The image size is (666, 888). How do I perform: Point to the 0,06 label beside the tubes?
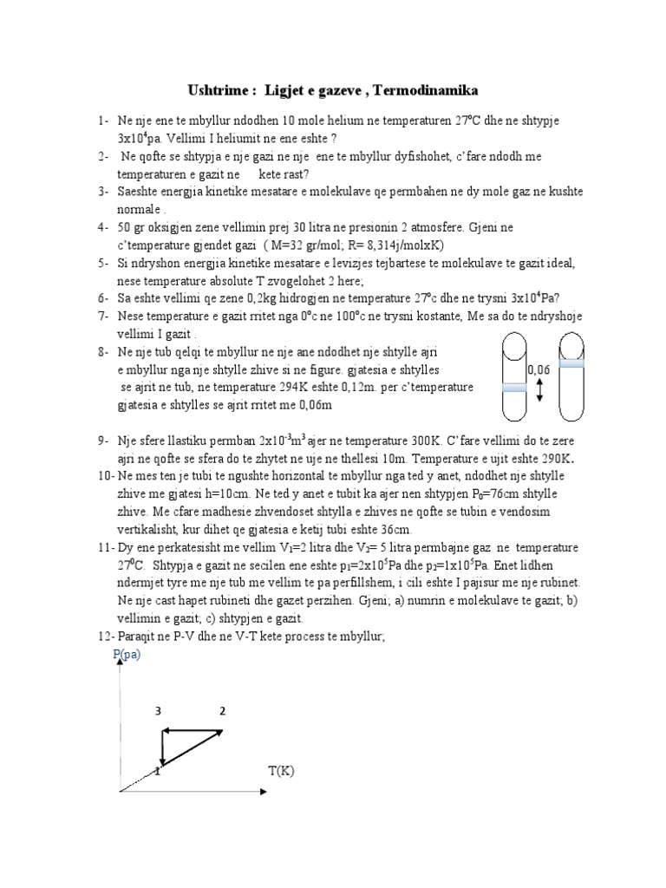tap(539, 369)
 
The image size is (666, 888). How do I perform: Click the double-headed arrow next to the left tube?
tap(539, 393)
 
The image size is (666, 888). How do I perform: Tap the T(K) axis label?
tap(282, 770)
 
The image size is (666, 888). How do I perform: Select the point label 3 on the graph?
tap(159, 711)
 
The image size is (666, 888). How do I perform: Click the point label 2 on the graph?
tap(222, 711)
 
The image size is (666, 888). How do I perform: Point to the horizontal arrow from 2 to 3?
tap(193, 732)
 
